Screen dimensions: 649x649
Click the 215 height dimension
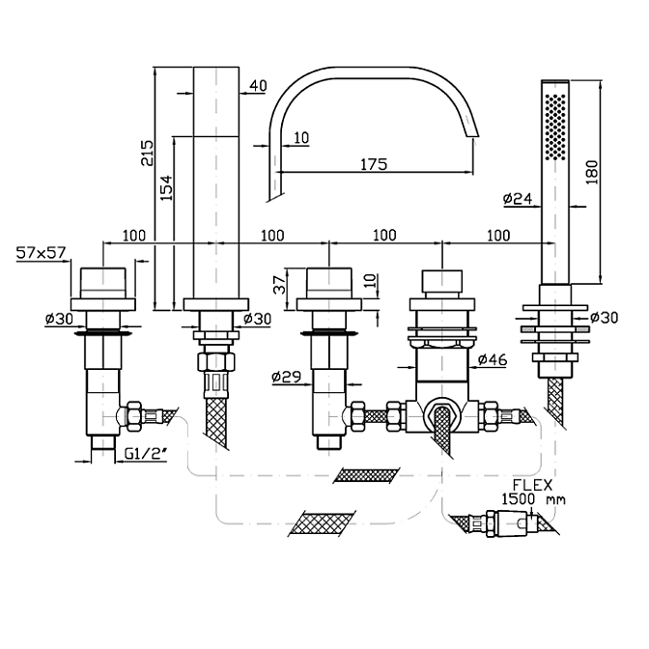(x=147, y=154)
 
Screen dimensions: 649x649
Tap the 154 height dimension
(x=166, y=188)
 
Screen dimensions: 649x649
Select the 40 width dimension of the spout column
(x=259, y=86)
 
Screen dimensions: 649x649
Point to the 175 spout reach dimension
(x=374, y=164)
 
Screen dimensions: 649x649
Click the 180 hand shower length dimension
(x=593, y=172)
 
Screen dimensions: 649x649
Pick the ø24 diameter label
(x=518, y=199)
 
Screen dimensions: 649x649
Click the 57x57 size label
(x=41, y=252)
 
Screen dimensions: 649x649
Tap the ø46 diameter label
(x=493, y=359)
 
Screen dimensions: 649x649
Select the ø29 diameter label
(x=286, y=377)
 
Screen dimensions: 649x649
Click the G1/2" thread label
(x=145, y=455)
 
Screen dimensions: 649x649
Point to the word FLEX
(x=533, y=485)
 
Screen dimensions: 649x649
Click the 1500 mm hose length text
(x=533, y=499)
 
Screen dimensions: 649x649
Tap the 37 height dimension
(x=281, y=285)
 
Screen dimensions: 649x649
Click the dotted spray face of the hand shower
(x=555, y=127)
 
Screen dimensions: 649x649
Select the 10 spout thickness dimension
(x=302, y=137)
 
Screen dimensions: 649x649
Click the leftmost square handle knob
(x=102, y=283)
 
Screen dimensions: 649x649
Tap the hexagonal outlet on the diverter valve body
(x=442, y=414)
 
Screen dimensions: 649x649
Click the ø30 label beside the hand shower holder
(x=604, y=318)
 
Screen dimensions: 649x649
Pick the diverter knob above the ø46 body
(x=441, y=281)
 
